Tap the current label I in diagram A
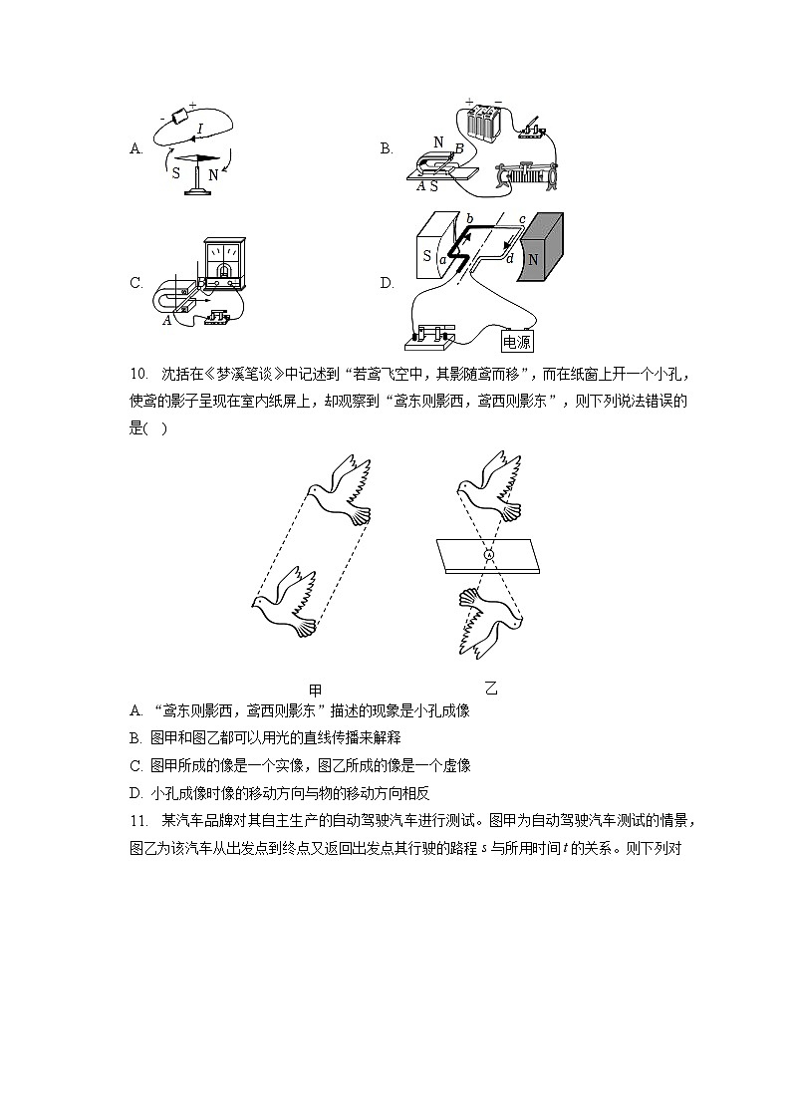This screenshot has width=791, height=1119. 200,129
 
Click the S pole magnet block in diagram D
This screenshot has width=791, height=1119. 432,248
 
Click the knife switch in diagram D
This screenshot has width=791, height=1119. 429,338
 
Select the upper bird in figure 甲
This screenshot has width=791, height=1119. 340,489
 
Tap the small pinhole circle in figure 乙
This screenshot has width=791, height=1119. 489,554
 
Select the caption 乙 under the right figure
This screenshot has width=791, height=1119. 490,689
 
